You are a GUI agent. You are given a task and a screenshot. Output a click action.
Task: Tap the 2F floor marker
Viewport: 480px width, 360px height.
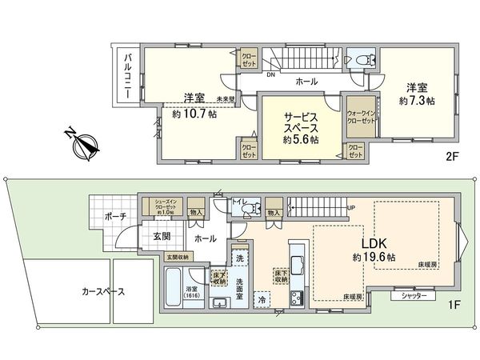(450, 158)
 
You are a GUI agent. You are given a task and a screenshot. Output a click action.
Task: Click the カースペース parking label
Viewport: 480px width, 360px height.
(103, 292)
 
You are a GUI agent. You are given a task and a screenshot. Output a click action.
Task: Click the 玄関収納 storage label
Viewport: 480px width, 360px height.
(180, 257)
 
